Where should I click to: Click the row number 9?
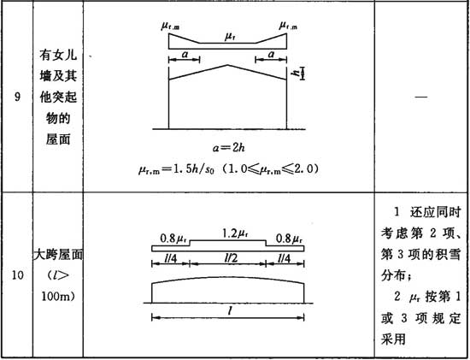click(18, 97)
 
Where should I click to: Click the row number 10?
click(18, 275)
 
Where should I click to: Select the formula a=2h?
click(229, 148)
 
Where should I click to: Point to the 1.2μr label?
click(236, 233)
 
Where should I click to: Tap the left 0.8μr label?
click(173, 239)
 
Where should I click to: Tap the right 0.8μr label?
click(289, 239)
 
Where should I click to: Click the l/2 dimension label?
click(231, 258)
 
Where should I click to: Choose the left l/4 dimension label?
click(170, 258)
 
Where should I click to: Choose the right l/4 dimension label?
click(284, 258)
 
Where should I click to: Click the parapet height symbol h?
click(297, 73)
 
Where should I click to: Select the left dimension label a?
click(185, 55)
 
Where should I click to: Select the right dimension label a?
click(271, 55)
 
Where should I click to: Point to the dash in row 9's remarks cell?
click(420, 97)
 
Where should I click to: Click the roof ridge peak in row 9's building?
click(228, 65)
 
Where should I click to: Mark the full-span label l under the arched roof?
click(230, 311)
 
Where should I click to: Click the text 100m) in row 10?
click(58, 297)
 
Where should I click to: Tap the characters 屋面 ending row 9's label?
click(58, 139)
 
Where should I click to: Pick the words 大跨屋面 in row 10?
click(58, 255)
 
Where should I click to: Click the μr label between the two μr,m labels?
click(230, 38)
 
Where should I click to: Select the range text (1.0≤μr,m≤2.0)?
click(268, 169)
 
